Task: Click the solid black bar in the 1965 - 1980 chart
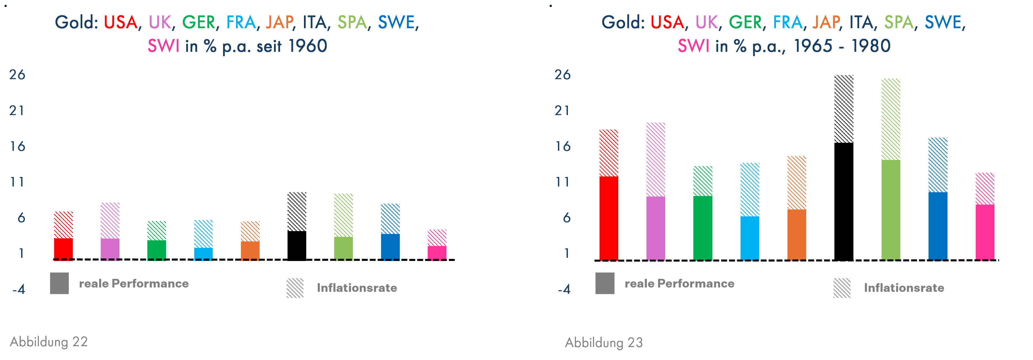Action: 844,201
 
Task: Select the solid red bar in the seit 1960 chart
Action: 63,249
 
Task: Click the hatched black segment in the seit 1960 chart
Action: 297,211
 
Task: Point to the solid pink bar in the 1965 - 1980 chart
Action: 985,232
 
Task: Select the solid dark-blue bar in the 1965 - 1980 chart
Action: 938,226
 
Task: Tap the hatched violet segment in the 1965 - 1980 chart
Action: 656,159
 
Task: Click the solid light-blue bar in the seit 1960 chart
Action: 203,253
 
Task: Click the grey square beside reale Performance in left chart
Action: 59,283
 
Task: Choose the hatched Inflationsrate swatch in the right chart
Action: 842,288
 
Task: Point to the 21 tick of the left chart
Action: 17,111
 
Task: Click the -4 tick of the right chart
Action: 564,289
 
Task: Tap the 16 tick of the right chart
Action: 563,146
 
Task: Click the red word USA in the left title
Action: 120,22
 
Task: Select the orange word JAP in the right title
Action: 826,22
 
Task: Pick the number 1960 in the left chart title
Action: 308,46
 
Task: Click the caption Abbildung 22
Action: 49,342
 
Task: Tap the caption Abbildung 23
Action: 604,342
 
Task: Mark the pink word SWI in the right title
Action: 693,46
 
